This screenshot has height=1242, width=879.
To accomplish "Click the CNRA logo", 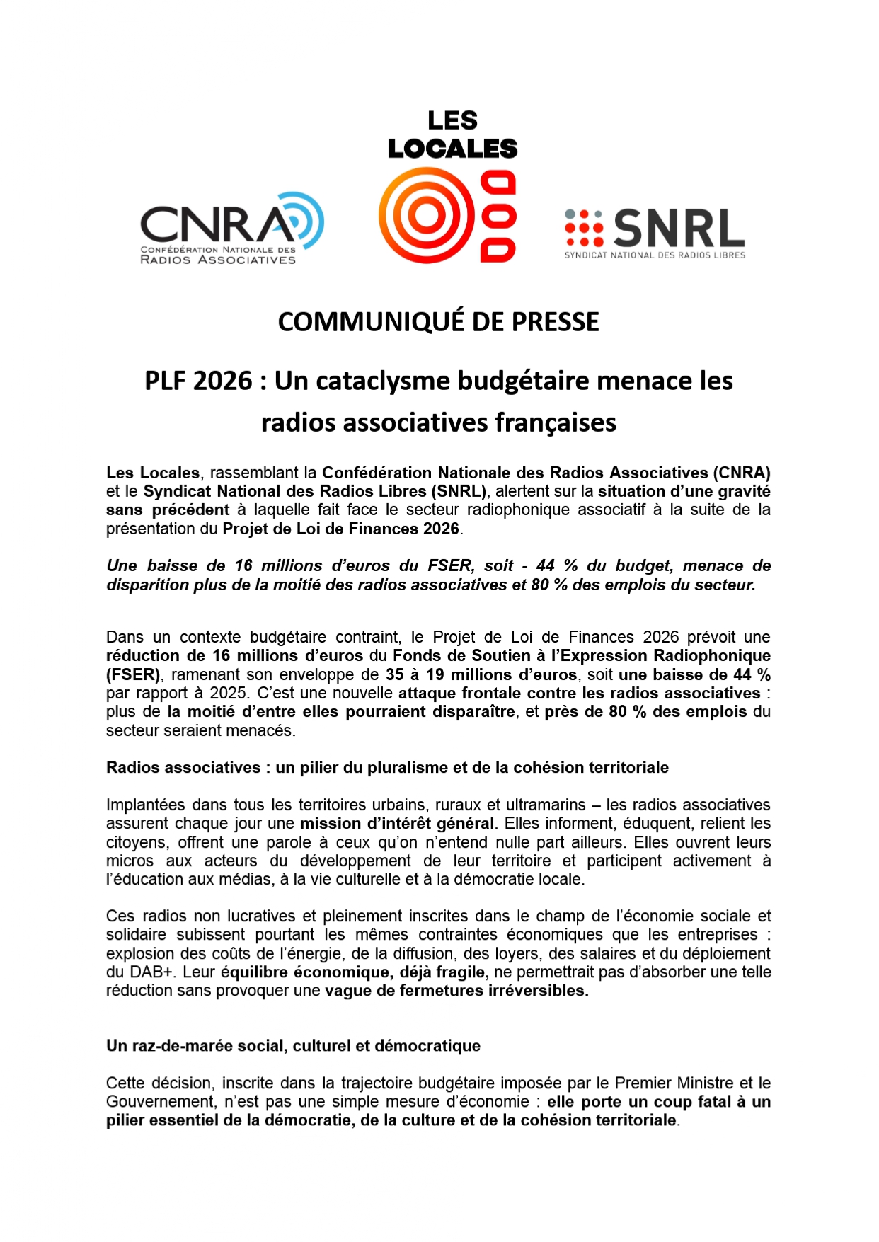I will tap(231, 228).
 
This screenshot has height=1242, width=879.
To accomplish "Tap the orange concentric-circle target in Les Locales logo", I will tap(426, 215).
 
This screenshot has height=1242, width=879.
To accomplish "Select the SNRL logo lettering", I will tap(678, 229).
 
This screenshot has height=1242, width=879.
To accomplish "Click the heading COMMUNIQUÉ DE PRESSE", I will tap(438, 322).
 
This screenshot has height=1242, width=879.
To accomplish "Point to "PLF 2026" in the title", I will tap(198, 381).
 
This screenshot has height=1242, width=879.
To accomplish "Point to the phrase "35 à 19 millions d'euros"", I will tap(481, 674).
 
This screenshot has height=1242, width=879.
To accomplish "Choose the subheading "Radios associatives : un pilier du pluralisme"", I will tap(387, 767).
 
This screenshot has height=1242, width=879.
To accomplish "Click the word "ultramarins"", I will tap(546, 805).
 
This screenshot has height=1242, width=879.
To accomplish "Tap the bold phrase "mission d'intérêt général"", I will tap(397, 823).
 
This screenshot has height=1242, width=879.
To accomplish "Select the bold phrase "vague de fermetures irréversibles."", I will tap(456, 990).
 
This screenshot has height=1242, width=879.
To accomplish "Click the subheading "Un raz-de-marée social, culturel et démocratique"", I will tap(293, 1045).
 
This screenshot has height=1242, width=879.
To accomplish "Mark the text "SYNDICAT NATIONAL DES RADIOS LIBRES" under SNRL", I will tap(655, 255).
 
